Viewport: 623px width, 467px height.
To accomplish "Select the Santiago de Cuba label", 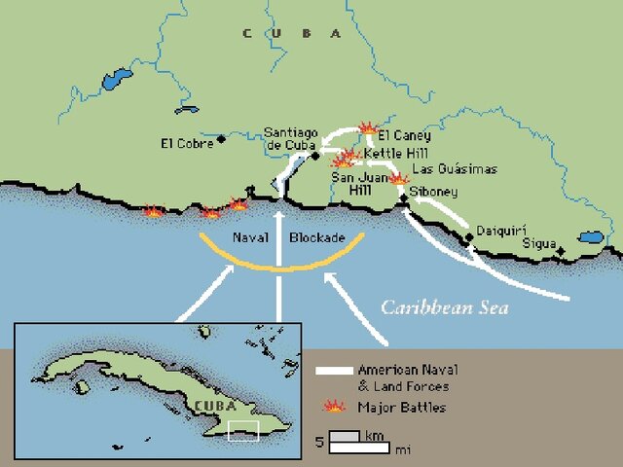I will pos(289,139).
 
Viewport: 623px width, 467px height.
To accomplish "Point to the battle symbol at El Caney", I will pos(368,127).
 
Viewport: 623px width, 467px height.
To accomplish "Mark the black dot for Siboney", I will pos(404,199).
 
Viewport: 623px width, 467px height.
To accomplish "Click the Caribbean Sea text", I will pos(444,306).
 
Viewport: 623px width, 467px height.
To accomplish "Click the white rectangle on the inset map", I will pos(243,430).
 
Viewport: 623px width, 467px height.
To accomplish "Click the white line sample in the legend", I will pos(334,371).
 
